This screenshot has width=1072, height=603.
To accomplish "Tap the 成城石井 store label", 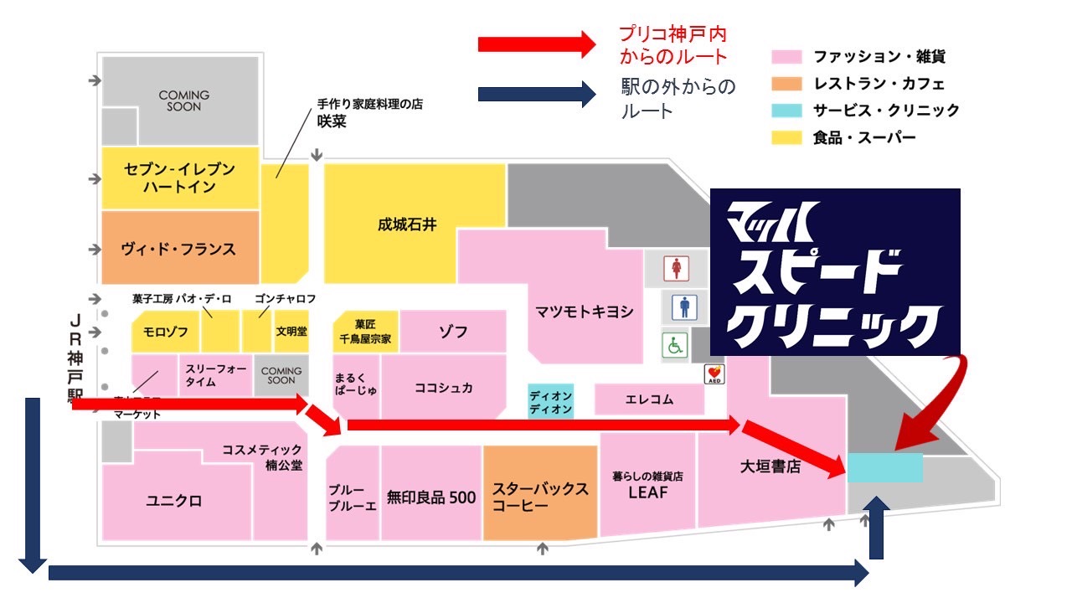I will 408,224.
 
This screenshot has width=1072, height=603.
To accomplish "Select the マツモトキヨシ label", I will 585,312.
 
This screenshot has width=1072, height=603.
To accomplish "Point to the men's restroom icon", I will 685,307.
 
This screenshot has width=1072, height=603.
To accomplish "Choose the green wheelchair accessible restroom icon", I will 674,344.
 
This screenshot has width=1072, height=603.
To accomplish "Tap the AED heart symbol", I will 714,373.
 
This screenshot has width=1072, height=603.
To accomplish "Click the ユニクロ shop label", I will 174,501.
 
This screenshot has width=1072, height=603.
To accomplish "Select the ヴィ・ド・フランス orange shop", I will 179,249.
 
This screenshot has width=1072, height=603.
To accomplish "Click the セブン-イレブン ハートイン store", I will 179,178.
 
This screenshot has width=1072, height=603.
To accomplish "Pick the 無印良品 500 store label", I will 431,497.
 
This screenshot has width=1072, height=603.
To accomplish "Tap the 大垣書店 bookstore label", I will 770,466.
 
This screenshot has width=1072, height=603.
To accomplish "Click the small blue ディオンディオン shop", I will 550,401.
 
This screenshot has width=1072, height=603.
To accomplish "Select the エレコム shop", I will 649,399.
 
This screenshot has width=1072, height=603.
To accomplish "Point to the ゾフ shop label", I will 453,332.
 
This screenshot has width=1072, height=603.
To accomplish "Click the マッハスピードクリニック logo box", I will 834,271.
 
